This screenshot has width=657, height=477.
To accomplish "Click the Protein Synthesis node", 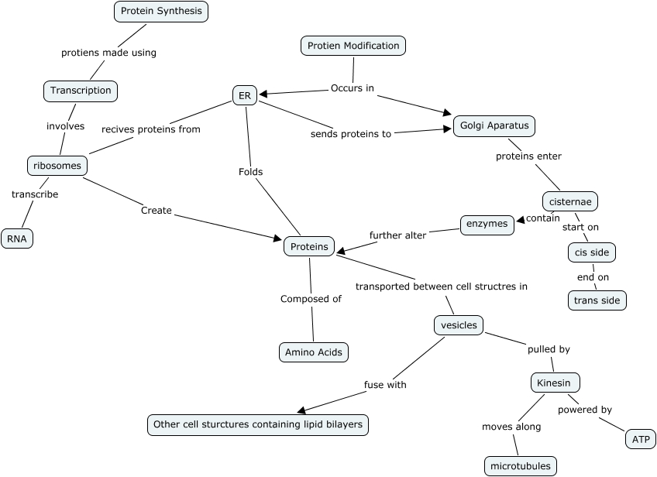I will (x=161, y=12).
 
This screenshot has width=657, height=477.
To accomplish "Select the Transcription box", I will (x=81, y=91).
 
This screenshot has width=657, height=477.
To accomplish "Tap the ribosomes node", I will (x=57, y=166).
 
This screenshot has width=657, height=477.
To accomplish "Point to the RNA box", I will (x=17, y=238).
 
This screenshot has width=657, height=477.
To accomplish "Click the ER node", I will (x=245, y=95).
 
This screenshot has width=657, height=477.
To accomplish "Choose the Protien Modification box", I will (x=353, y=46).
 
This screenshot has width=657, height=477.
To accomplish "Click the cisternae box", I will (x=569, y=201).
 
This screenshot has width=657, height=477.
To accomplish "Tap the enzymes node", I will (x=487, y=225).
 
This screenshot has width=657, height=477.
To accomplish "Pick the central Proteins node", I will (x=310, y=247).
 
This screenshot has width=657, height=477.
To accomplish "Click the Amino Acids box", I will (x=313, y=352).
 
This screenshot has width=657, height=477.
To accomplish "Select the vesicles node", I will (x=459, y=325).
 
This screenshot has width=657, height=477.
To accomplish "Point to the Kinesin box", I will (x=555, y=383).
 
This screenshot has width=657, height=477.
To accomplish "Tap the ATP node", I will (x=641, y=439).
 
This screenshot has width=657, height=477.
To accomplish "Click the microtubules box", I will (x=521, y=466).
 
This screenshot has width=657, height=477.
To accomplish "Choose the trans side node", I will (x=597, y=300).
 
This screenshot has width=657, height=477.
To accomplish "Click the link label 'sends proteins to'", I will (x=351, y=133).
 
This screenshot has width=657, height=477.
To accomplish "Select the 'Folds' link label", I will (x=250, y=172).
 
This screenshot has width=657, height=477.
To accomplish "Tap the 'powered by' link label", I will (x=585, y=410).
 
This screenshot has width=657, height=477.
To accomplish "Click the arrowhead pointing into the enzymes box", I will (x=520, y=220).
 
